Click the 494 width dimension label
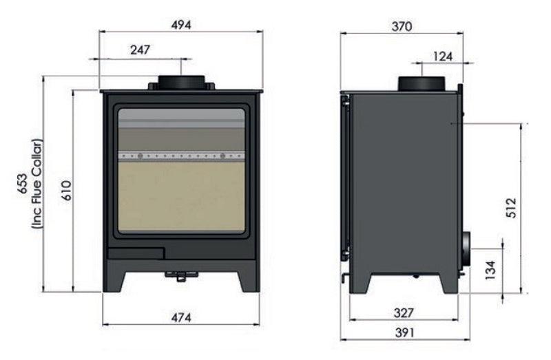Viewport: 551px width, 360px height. (x=181, y=24)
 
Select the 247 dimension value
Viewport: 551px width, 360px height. (x=139, y=50)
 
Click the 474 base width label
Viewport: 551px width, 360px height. (x=180, y=317)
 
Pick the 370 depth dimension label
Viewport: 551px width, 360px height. (x=401, y=27)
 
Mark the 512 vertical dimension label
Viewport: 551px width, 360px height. (x=510, y=207)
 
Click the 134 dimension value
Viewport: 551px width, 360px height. (x=490, y=269)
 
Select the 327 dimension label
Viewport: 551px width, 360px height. (x=404, y=313)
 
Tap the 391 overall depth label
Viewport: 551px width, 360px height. (x=404, y=332)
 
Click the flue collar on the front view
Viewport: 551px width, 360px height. (x=181, y=82)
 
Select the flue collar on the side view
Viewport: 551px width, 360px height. (x=422, y=84)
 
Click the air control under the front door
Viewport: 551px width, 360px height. (x=180, y=276)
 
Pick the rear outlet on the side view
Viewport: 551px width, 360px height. (x=466, y=248)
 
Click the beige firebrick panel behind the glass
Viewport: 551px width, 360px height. (x=181, y=196)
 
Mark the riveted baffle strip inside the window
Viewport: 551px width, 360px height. (x=181, y=156)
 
